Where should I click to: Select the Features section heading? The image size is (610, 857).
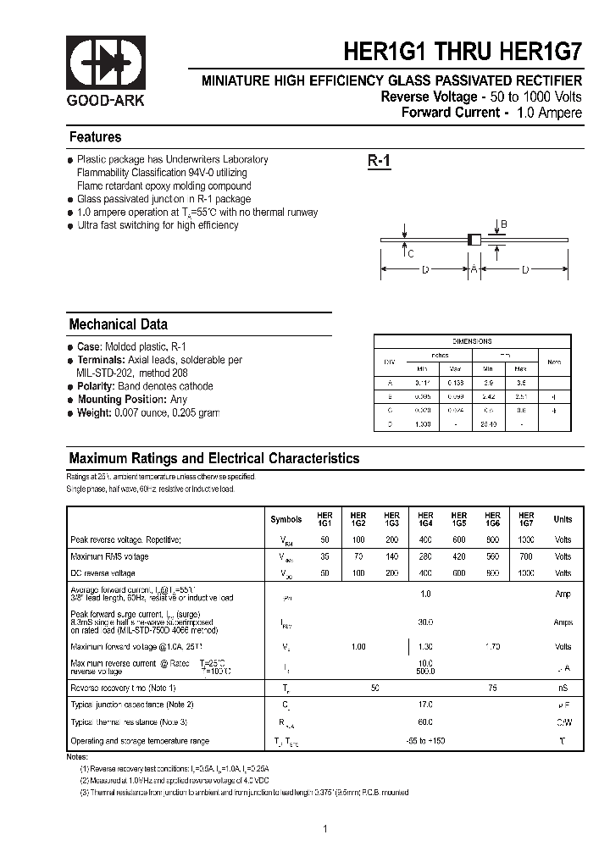click(x=95, y=137)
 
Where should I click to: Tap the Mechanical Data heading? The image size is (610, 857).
click(x=118, y=324)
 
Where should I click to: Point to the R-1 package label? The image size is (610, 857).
click(x=379, y=161)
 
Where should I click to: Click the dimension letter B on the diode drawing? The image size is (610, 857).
click(x=503, y=224)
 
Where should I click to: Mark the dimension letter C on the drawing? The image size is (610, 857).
click(x=411, y=253)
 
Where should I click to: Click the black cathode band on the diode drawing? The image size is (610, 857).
click(x=470, y=240)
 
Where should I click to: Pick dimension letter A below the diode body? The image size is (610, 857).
click(x=474, y=269)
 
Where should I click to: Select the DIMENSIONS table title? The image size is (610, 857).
click(x=472, y=341)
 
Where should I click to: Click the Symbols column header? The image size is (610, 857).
click(x=286, y=519)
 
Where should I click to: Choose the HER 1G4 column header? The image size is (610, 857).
click(x=425, y=519)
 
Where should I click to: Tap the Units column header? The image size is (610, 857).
click(x=563, y=519)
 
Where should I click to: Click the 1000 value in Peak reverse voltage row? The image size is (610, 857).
click(x=526, y=539)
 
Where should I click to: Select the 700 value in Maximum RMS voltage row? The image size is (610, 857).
click(x=526, y=556)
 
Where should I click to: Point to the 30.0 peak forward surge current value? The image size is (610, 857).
click(x=425, y=622)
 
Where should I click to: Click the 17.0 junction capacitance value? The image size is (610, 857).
click(x=425, y=705)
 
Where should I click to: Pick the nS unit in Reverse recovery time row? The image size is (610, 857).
click(x=563, y=687)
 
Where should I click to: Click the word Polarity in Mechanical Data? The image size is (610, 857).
click(x=98, y=386)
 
